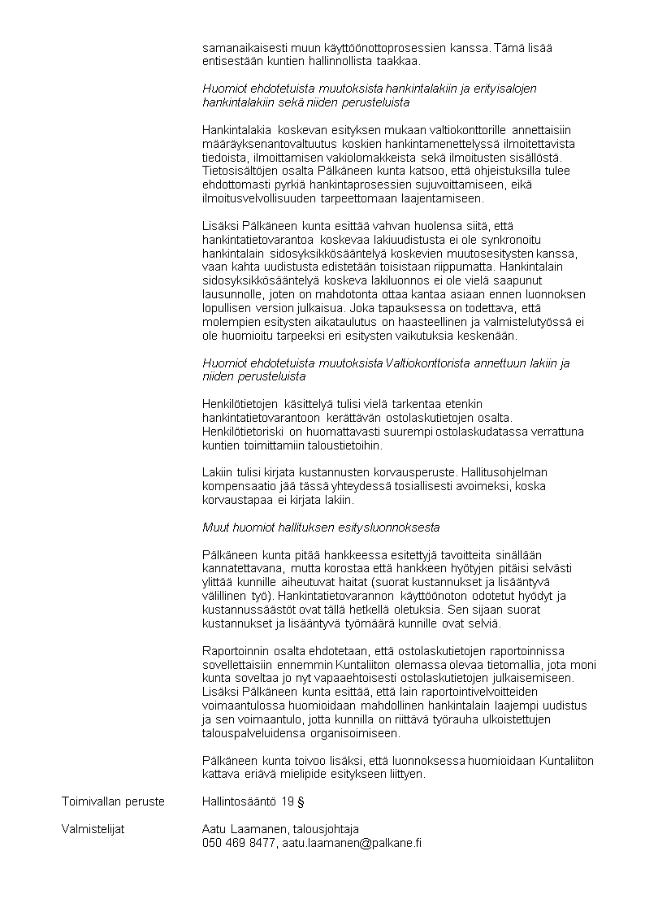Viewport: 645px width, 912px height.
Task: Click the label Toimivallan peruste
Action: pos(113,802)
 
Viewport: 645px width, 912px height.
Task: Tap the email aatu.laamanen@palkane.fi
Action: pos(352,844)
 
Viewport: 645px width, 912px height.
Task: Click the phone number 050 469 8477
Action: pos(239,844)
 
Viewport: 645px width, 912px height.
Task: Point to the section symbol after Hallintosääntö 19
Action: pos(301,802)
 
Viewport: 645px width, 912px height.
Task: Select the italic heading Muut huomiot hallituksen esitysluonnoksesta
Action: pos(321,528)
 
